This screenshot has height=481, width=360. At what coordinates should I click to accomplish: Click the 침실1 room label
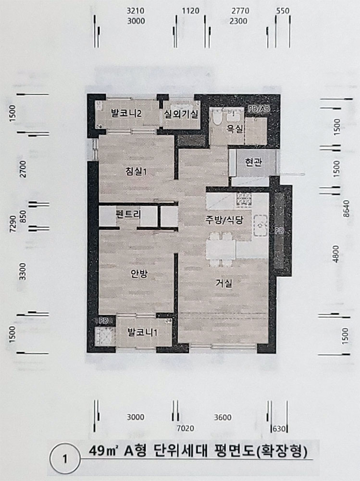(x=136, y=171)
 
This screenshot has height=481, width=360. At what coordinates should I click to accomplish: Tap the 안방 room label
(x=139, y=274)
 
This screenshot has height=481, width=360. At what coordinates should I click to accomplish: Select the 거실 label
(x=224, y=283)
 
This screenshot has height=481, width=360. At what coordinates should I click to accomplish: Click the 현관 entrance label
(x=254, y=162)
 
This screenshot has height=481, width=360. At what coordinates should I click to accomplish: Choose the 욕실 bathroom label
(x=235, y=128)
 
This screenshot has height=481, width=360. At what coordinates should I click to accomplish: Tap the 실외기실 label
(x=181, y=114)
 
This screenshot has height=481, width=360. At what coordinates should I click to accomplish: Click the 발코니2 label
(x=126, y=114)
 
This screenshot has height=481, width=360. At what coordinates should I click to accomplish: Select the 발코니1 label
(x=143, y=332)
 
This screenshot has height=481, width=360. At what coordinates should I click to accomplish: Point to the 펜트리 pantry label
(x=128, y=214)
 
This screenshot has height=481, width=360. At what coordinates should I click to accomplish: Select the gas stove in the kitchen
(x=244, y=200)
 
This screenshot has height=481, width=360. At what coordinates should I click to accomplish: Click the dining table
(x=221, y=249)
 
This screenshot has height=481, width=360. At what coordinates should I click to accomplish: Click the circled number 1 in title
(x=65, y=459)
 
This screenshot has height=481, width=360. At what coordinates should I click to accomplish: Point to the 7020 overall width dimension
(x=185, y=428)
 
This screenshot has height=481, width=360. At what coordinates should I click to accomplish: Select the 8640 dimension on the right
(x=347, y=209)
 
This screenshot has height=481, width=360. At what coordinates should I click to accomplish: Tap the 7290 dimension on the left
(x=13, y=224)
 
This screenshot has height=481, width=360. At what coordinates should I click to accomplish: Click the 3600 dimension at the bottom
(x=223, y=417)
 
